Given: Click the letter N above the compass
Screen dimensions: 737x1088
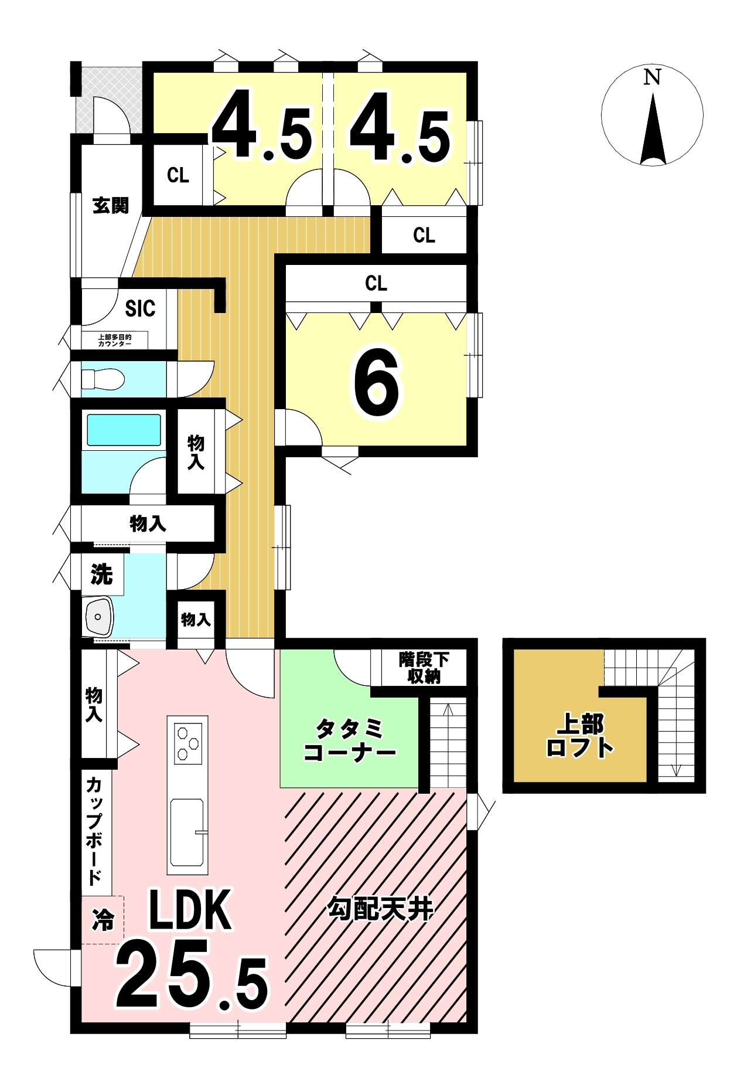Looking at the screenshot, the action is (652, 77).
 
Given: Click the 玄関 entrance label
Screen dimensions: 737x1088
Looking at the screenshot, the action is (110, 205).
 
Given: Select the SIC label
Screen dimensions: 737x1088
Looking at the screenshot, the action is (140, 308).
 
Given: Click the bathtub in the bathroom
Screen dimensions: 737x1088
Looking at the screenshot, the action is (124, 430).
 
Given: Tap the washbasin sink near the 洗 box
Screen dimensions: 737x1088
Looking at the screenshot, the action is (99, 617).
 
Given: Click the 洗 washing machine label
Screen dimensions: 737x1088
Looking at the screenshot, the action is (101, 574).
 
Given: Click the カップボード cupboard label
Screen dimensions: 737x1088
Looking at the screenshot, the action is (94, 830).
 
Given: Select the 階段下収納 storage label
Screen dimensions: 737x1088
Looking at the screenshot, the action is (424, 668).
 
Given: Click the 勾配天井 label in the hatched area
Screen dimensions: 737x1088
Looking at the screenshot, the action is (380, 909).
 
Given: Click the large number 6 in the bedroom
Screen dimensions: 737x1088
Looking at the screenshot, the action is (377, 383).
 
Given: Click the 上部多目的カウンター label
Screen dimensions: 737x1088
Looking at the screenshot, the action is (115, 340).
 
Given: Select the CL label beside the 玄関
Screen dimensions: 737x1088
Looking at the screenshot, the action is (178, 175).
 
